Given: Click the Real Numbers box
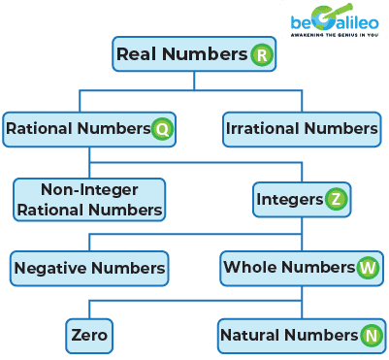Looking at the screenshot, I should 193,55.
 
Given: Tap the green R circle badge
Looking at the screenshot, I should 260,55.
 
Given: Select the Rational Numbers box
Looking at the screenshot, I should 89,127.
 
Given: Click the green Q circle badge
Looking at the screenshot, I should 162,128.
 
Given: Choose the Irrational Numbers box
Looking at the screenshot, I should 301,127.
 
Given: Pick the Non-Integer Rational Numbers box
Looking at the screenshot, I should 89,199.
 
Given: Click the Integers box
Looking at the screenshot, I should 300,199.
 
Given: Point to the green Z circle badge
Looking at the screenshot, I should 333,200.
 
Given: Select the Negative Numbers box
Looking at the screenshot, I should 89,266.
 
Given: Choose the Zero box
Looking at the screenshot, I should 89,336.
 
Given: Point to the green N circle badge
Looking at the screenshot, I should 370,337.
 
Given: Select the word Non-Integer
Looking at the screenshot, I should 89,190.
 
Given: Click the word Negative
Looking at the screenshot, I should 49,266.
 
